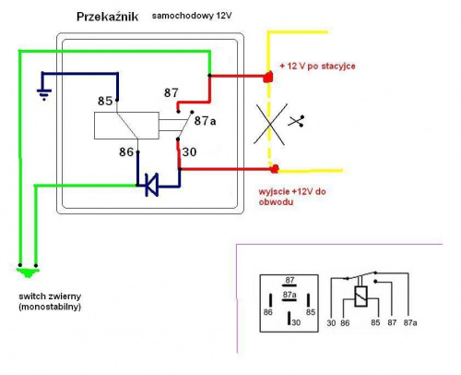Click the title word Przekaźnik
click(x=107, y=17)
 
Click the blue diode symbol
click(x=152, y=185)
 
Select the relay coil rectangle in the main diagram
click(x=126, y=126)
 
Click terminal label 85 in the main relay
click(x=105, y=101)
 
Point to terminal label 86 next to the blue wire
click(x=126, y=151)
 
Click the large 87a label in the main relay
click(x=205, y=121)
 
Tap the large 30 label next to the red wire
click(x=189, y=151)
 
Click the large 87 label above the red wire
click(x=171, y=92)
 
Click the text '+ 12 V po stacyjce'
click(x=317, y=66)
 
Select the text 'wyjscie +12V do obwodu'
click(x=292, y=197)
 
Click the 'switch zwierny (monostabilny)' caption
click(x=50, y=301)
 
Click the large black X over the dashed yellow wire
click(x=270, y=124)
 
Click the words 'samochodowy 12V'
click(x=192, y=16)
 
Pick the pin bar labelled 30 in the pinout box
click(x=289, y=318)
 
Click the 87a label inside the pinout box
click(x=290, y=295)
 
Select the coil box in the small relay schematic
click(x=361, y=296)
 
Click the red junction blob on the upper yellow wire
click(x=268, y=77)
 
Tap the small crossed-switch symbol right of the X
click(x=296, y=121)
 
